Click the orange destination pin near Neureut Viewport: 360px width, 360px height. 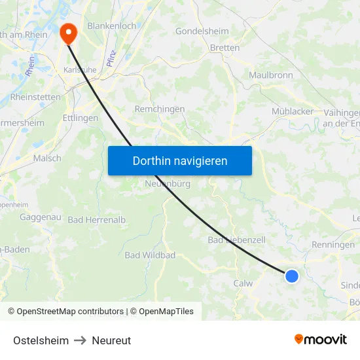[68, 33]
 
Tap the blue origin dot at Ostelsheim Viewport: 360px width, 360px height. [292, 276]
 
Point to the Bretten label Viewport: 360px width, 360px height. [225, 48]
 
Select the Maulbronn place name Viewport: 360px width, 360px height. [271, 75]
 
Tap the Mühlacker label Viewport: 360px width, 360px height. [293, 111]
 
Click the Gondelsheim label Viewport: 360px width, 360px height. [202, 31]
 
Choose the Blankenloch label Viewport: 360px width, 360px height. [111, 26]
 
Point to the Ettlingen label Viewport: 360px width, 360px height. [81, 118]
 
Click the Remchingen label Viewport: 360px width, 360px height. [159, 109]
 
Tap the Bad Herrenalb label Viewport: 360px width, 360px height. [96, 220]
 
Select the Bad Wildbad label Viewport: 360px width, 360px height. [150, 255]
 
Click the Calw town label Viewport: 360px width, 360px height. [243, 283]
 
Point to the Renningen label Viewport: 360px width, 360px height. [334, 245]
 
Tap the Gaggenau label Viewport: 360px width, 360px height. [41, 217]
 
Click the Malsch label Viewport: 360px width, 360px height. [47, 158]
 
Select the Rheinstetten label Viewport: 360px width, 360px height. [35, 97]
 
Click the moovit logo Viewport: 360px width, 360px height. [320, 340]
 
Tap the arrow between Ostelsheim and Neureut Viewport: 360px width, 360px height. [80, 340]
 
